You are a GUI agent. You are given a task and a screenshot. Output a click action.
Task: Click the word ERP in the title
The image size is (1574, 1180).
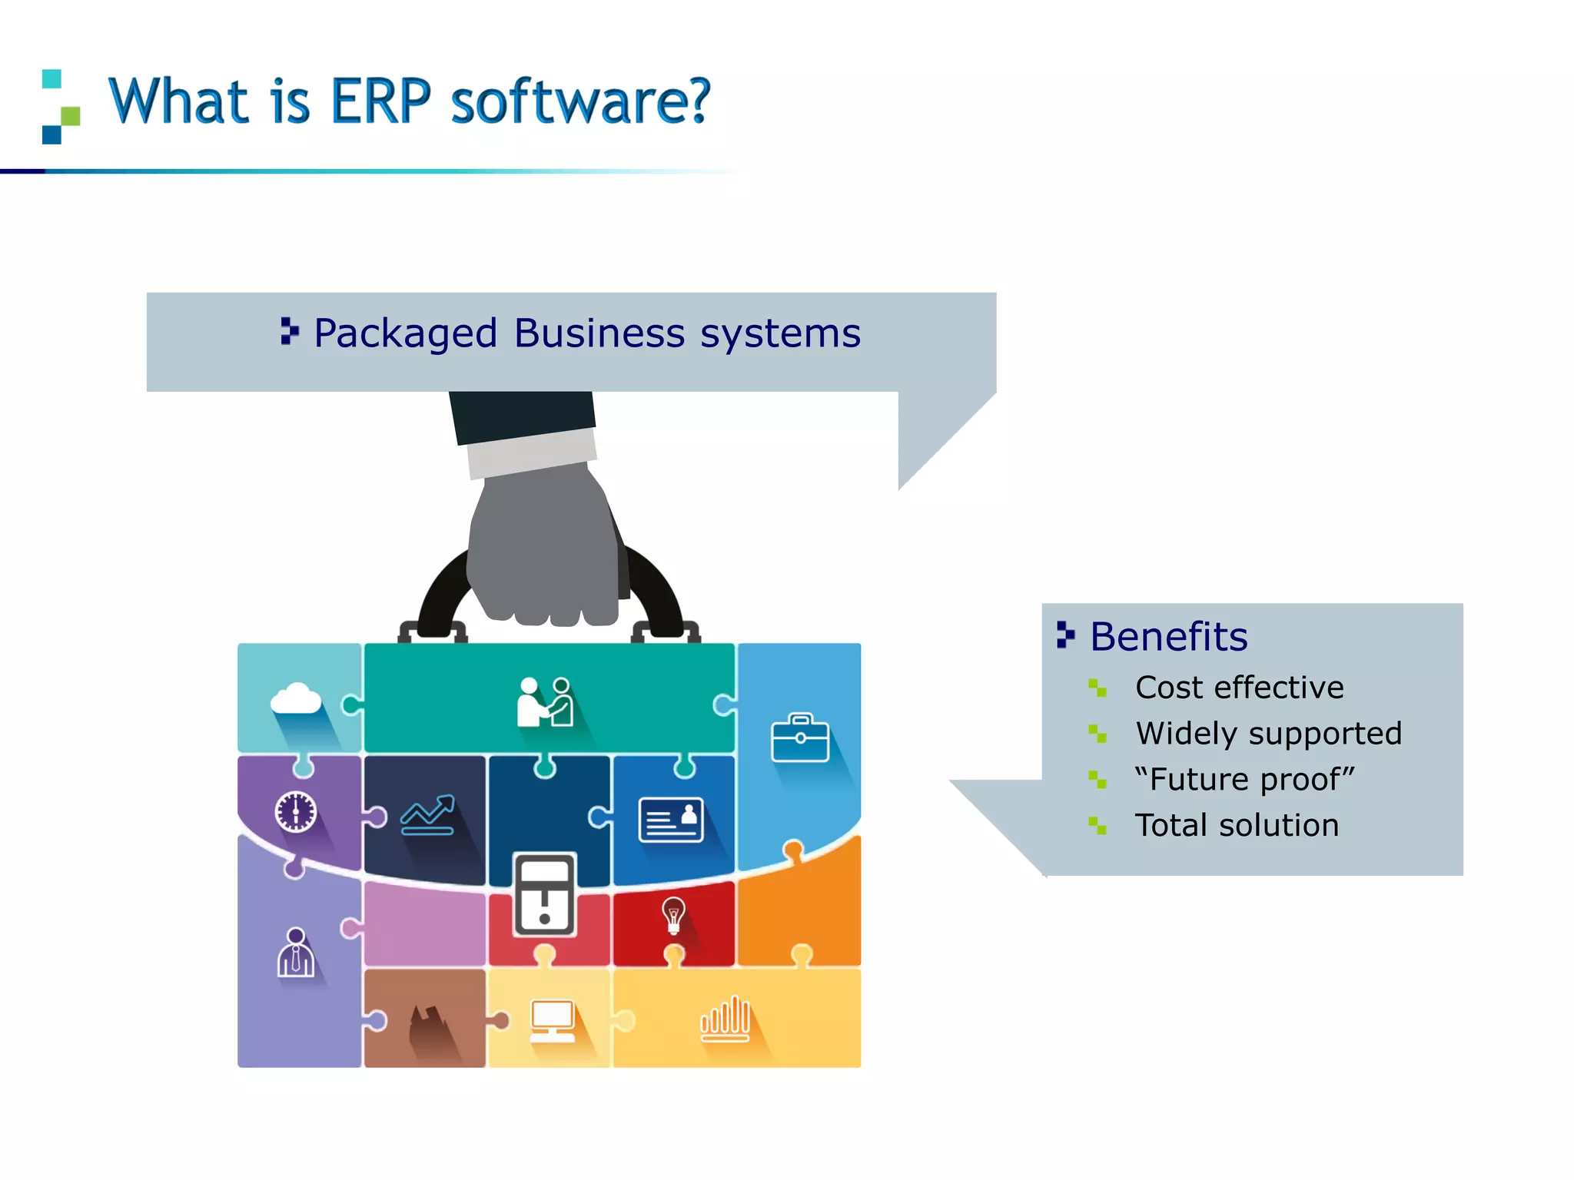tap(380, 101)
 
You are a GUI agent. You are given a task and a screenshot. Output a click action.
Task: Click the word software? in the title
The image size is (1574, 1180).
tap(580, 101)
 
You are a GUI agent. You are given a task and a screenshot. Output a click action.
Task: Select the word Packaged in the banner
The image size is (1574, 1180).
tap(406, 334)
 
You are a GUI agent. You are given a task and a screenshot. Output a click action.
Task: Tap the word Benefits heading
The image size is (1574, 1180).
tap(1168, 637)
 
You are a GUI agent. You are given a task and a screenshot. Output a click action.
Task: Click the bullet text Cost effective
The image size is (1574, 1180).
tap(1239, 688)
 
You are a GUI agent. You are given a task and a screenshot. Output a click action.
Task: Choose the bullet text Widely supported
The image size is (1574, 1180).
tap(1268, 734)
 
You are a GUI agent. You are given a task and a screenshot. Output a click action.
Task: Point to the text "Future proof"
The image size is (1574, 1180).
tap(1244, 779)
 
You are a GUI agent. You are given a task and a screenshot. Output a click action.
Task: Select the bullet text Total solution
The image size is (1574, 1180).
tap(1237, 825)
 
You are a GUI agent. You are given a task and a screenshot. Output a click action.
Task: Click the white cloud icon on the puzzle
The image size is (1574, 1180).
tap(296, 699)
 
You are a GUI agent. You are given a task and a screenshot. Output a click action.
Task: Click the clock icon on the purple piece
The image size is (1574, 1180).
tap(296, 811)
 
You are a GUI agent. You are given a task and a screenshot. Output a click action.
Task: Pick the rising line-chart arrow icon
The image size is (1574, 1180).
tap(428, 815)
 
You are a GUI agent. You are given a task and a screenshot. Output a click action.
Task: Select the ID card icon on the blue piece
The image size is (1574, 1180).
tap(671, 820)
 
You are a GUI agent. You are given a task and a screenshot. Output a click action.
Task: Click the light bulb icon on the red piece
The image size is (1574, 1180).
tap(673, 914)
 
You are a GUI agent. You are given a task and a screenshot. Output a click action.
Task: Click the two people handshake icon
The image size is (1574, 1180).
tap(545, 702)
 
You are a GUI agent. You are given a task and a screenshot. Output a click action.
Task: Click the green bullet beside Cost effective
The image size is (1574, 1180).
tap(1097, 688)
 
